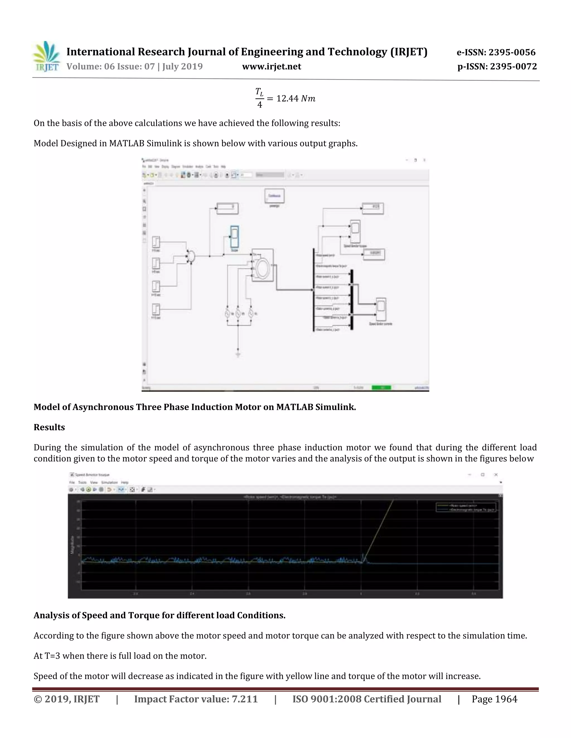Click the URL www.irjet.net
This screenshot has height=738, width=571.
pyautogui.click(x=271, y=67)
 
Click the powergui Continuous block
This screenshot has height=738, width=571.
pyautogui.click(x=274, y=196)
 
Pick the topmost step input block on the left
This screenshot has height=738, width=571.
pyautogui.click(x=156, y=242)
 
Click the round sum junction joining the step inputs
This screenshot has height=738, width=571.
pyautogui.click(x=192, y=256)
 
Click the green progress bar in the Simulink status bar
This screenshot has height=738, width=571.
pyautogui.click(x=381, y=388)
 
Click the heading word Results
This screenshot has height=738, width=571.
pyautogui.click(x=49, y=427)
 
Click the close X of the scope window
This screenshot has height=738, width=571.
pyautogui.click(x=496, y=475)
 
